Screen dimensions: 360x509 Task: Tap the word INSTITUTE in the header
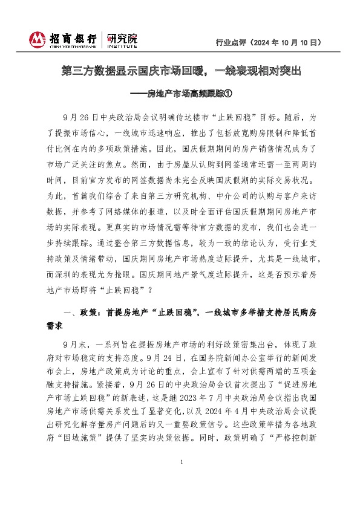point(122,45)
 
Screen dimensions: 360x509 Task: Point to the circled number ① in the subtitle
point(228,94)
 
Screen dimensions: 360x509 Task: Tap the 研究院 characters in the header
point(122,37)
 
